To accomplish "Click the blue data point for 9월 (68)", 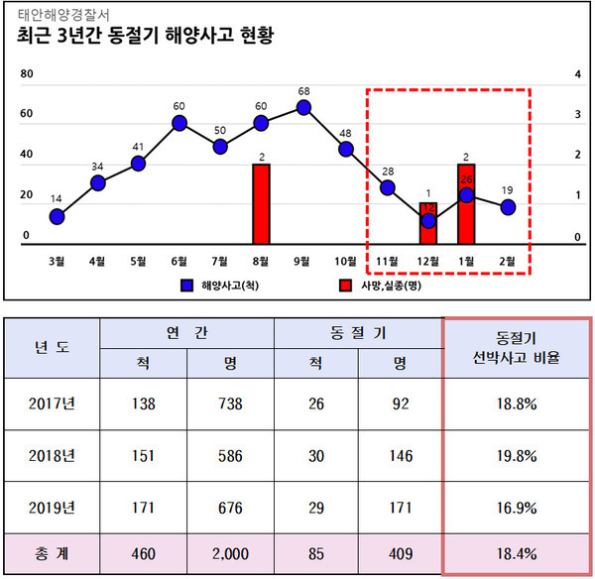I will tap(303, 107).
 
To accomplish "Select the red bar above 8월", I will tap(262, 203).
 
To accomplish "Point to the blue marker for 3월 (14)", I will tap(57, 216).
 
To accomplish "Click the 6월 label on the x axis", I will tap(179, 261).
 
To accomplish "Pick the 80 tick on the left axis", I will tap(28, 74).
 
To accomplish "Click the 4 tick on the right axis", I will tap(576, 74).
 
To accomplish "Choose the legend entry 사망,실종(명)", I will tap(377, 286).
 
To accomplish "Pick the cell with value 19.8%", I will tap(517, 455).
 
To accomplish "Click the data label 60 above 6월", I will tap(179, 106).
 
